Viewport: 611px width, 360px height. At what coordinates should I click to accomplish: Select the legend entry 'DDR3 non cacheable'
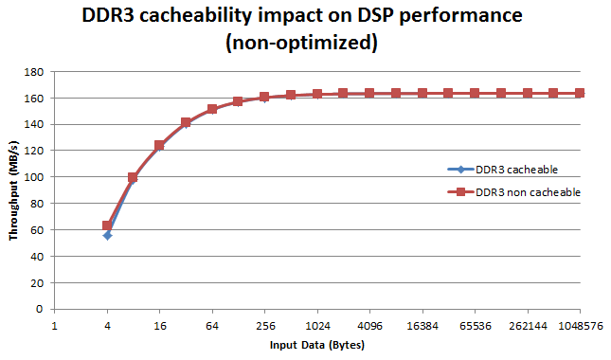pyautogui.click(x=528, y=191)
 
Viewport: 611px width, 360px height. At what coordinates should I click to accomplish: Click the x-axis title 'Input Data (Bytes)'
pyautogui.click(x=317, y=345)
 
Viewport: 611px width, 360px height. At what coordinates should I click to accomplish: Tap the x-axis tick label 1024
pyautogui.click(x=317, y=324)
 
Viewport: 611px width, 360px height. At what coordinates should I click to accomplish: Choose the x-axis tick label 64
pyautogui.click(x=212, y=324)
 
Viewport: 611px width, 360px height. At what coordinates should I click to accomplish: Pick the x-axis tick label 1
pyautogui.click(x=55, y=324)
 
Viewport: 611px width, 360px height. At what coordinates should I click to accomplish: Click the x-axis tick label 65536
pyautogui.click(x=475, y=324)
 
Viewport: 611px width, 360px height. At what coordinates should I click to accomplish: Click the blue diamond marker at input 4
pyautogui.click(x=107, y=235)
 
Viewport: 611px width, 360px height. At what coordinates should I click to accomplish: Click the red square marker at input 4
pyautogui.click(x=107, y=225)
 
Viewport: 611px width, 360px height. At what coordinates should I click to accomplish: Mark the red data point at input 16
pyautogui.click(x=160, y=145)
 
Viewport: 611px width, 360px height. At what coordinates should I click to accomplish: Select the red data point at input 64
pyautogui.click(x=212, y=109)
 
